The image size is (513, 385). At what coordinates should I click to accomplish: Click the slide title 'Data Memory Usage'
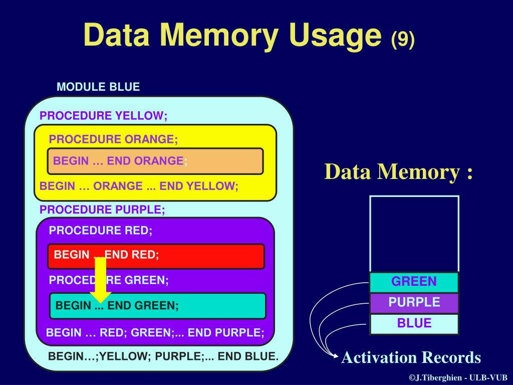point(233,36)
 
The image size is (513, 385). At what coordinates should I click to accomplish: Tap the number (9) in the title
point(403,39)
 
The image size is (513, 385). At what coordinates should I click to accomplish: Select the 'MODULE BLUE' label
point(98,87)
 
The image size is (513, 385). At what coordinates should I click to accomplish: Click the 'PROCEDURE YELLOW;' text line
point(103,116)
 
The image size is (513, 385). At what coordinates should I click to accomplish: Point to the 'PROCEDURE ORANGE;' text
point(113,139)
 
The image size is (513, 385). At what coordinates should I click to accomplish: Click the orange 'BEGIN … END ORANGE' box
point(155,161)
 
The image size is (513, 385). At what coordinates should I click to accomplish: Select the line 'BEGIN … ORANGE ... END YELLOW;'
point(139,186)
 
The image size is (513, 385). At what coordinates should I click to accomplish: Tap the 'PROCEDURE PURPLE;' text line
point(102,210)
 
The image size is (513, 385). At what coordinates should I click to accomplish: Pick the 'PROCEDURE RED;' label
point(100,231)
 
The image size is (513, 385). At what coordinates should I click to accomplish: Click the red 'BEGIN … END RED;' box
point(155,256)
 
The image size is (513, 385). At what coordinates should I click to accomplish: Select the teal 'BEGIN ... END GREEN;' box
point(158,305)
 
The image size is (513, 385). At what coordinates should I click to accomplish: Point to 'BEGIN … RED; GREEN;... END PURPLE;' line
point(155,332)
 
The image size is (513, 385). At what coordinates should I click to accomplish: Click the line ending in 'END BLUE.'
point(163,357)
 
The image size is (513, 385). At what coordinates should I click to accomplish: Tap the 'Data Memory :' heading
point(399,172)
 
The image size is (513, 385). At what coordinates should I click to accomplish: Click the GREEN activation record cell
point(414,282)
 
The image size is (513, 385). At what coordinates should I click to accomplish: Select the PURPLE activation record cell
point(414,303)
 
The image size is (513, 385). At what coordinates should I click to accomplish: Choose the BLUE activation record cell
point(414,323)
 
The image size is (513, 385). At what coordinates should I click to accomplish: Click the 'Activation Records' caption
point(411,357)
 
